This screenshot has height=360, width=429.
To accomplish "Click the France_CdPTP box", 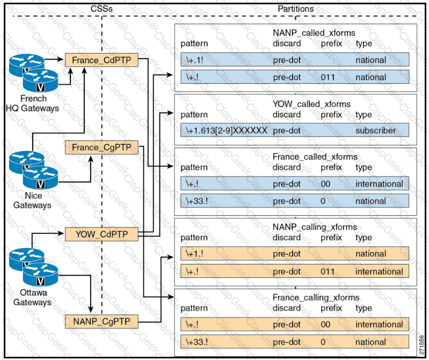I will [101, 60].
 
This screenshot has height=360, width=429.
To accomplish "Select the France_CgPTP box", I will [101, 147].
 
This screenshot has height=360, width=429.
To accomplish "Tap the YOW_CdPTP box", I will [101, 233].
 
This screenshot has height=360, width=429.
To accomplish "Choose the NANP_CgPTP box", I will [101, 321].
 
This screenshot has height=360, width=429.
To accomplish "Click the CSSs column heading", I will [100, 9].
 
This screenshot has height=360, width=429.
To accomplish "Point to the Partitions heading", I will [295, 9].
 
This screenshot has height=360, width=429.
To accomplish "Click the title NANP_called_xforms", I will [314, 33].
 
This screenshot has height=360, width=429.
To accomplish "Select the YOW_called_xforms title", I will [311, 104].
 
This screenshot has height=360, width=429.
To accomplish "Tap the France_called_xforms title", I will [315, 157].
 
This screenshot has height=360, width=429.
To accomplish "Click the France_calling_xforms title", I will [316, 298].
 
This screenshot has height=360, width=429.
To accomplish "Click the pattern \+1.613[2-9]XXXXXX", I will [226, 130].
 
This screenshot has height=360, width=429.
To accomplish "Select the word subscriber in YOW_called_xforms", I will [375, 130].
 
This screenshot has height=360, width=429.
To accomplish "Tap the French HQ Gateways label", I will [33, 104].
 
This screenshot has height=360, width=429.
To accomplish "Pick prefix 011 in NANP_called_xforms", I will [328, 77].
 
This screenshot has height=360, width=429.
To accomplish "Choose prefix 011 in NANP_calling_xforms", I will [328, 271].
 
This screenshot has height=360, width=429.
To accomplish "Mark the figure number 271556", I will [420, 342].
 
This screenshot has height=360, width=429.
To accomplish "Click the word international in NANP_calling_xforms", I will [379, 271].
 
